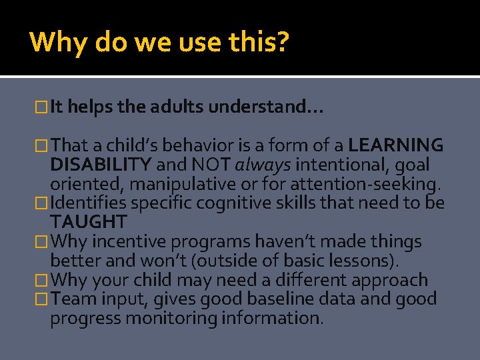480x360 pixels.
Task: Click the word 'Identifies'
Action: click(89, 203)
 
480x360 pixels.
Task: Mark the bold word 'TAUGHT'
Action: click(88, 222)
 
